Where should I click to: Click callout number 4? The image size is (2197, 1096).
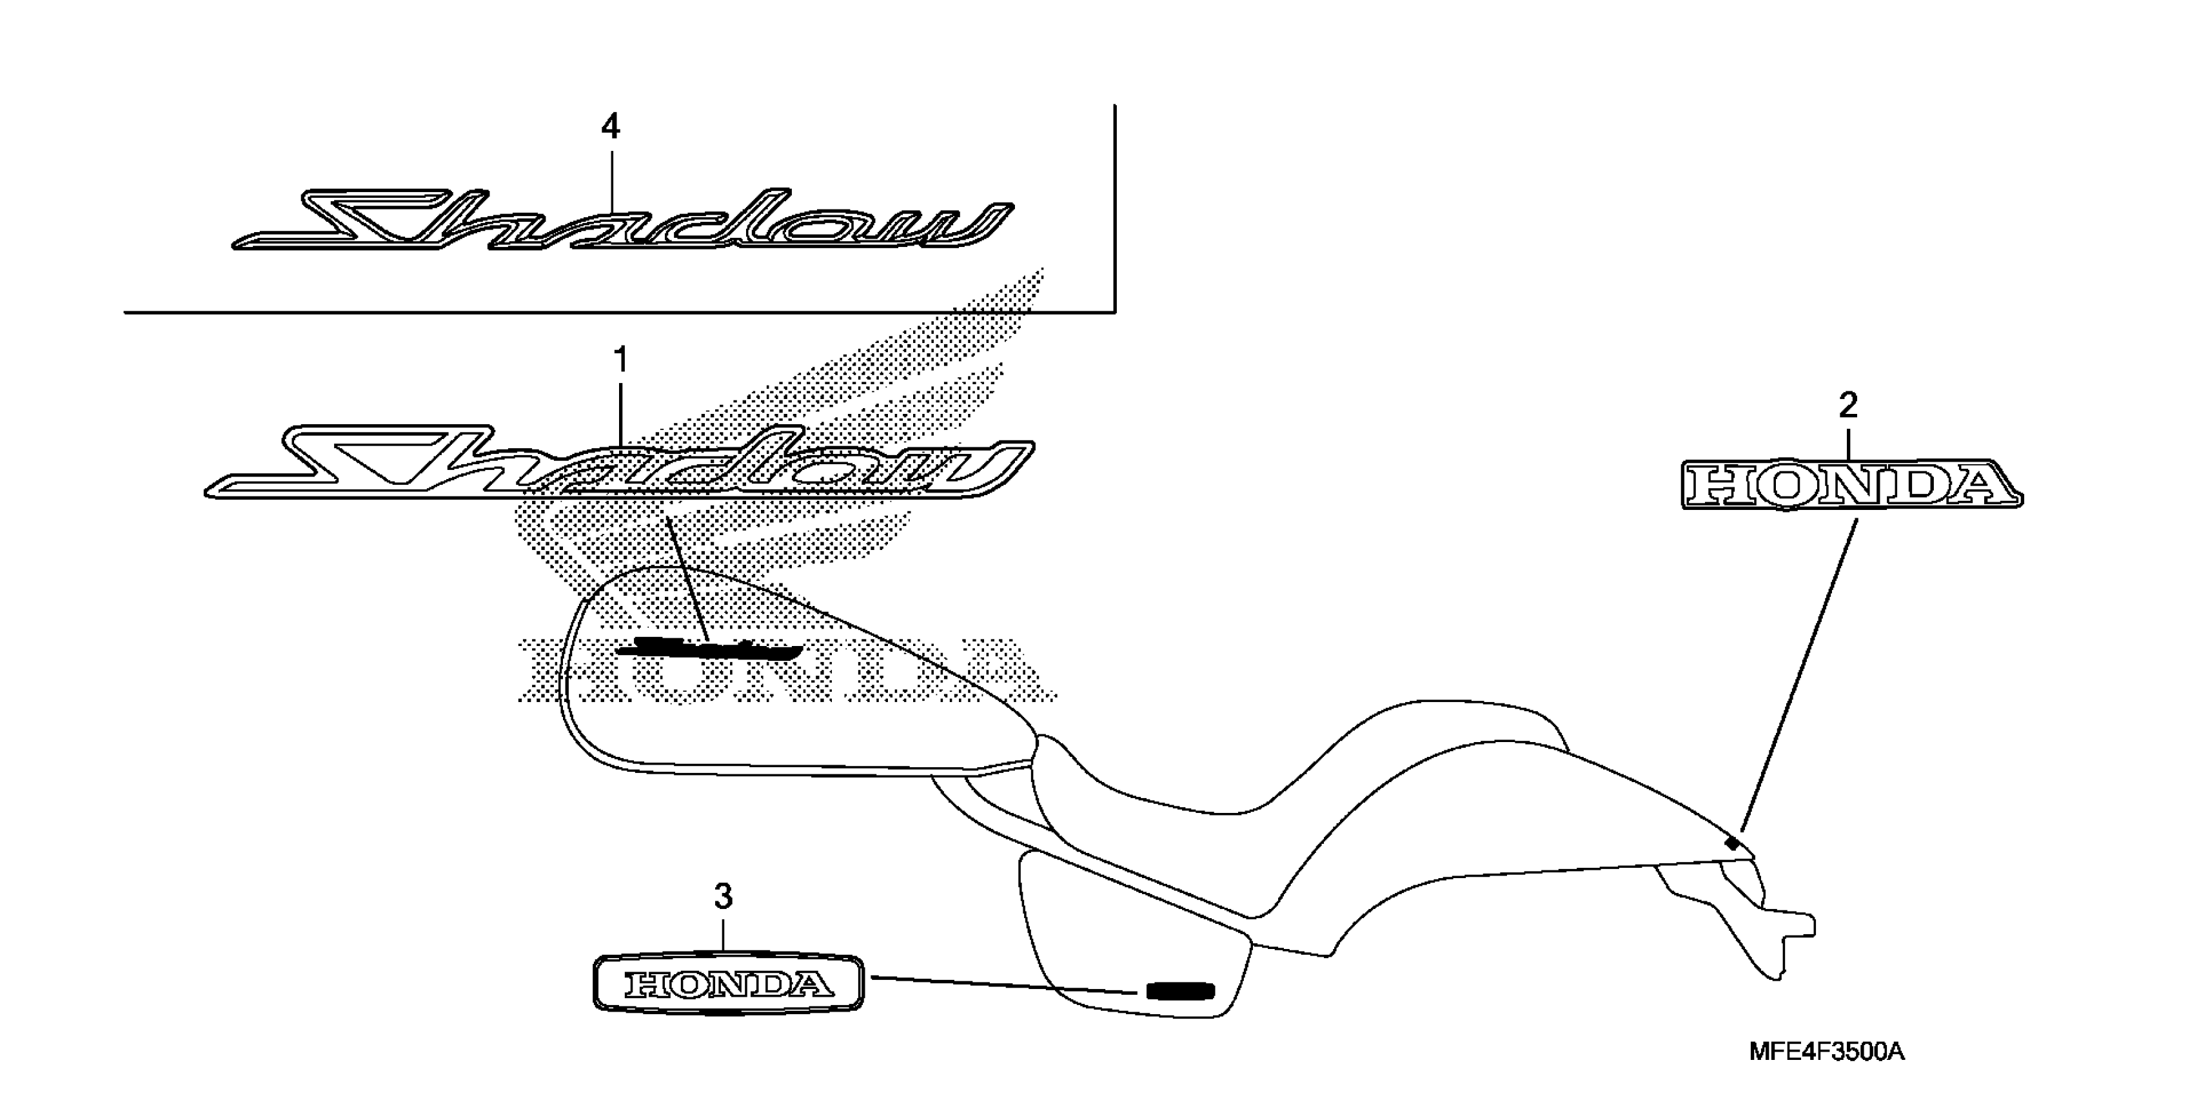click(x=610, y=128)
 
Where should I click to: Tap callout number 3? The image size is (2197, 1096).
click(x=722, y=896)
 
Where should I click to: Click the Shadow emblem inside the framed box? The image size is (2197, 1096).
click(x=622, y=222)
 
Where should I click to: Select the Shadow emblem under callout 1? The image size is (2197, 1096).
click(x=618, y=465)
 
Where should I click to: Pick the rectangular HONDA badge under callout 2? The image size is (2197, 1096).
click(x=1851, y=485)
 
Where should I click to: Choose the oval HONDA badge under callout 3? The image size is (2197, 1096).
click(x=727, y=985)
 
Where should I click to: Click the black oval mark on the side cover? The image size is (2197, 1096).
click(x=1179, y=991)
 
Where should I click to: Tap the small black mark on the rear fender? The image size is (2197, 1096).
click(x=1732, y=843)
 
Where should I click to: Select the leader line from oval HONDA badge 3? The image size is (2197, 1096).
click(x=1007, y=985)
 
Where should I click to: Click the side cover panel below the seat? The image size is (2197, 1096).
click(x=1134, y=946)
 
